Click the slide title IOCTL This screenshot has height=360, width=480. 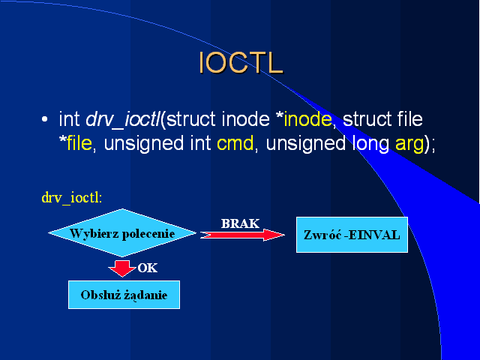[241, 62]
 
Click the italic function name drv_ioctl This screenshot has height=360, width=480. [123, 120]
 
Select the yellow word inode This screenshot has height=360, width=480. [307, 119]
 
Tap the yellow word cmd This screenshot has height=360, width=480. [235, 143]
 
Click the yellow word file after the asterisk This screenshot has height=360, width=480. [79, 142]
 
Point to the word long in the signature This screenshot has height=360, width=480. [370, 144]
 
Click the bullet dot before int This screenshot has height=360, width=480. [45, 119]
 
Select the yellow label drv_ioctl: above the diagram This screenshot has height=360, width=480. [72, 198]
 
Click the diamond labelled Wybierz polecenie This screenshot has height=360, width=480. [122, 233]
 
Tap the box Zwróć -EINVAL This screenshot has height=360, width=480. [352, 235]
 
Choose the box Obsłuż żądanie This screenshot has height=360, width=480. [124, 295]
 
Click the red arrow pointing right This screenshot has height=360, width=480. [242, 235]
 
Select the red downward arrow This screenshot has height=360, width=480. [122, 268]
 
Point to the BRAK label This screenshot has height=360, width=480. [240, 223]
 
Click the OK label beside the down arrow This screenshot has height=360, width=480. [148, 268]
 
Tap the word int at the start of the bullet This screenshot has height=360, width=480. [69, 119]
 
